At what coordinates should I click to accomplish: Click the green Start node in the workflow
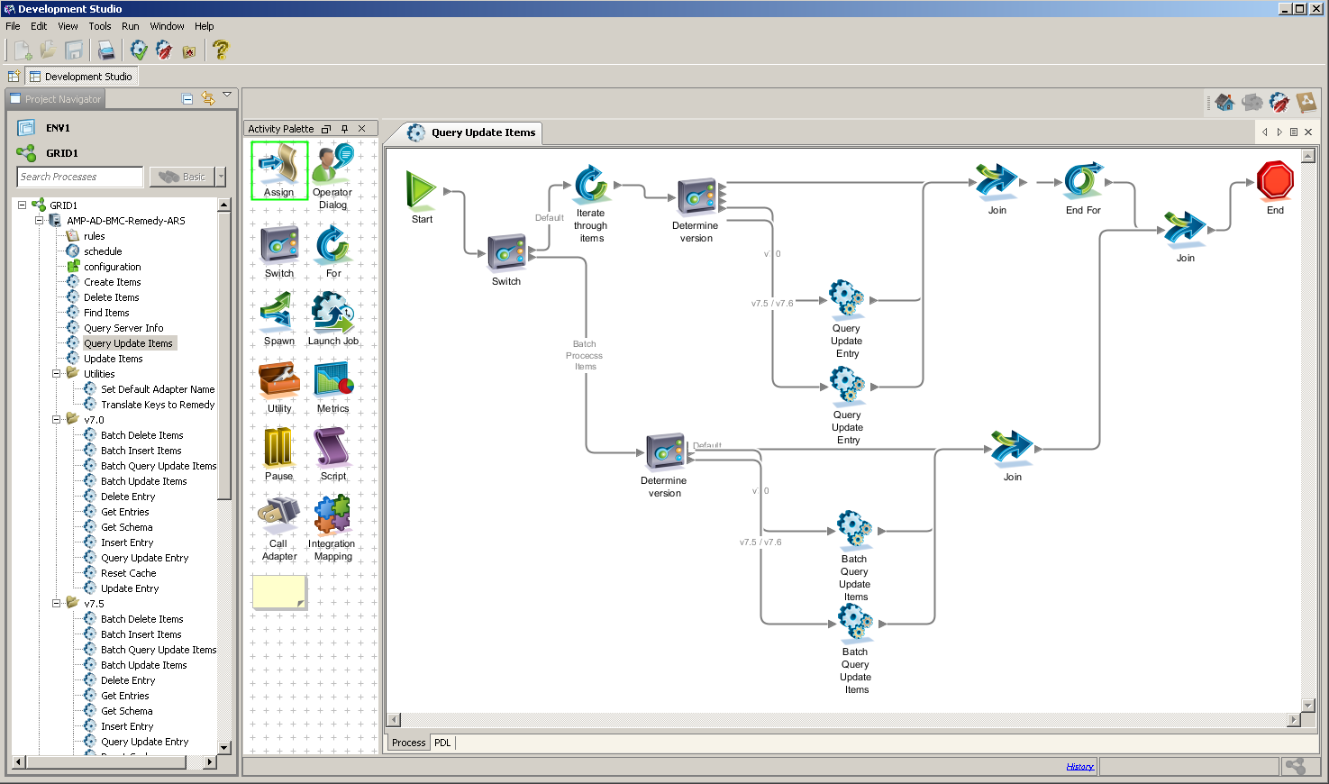pos(421,190)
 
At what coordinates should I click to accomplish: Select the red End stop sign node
pos(1275,181)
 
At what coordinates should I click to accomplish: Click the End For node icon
pos(1082,181)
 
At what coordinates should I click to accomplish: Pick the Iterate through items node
pos(591,184)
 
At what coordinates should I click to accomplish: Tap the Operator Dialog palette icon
pos(332,166)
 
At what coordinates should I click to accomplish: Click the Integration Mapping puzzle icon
pos(332,516)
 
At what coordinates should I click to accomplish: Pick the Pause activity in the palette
pos(278,448)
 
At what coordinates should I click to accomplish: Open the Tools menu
pos(100,26)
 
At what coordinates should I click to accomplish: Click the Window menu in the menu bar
pos(167,26)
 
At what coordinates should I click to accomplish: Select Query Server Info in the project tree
pos(123,328)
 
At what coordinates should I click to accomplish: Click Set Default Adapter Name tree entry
pos(158,389)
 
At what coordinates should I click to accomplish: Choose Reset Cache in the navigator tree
pos(128,573)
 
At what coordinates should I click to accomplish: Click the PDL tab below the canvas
pos(442,743)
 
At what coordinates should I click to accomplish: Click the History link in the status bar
pos(1079,767)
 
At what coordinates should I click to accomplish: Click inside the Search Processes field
pos(79,177)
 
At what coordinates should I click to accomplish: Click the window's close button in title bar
pos(1315,8)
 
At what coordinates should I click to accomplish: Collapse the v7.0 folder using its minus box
pos(57,420)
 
